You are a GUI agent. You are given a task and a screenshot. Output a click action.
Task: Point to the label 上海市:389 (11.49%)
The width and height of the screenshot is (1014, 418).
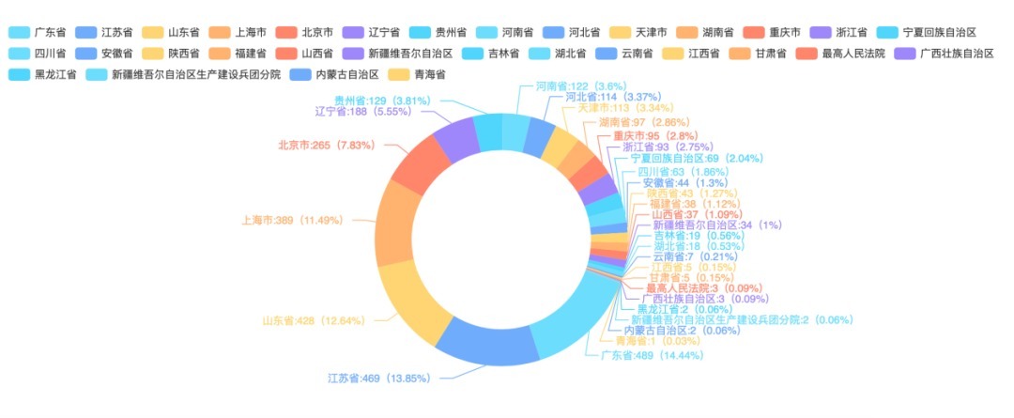(292, 221)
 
